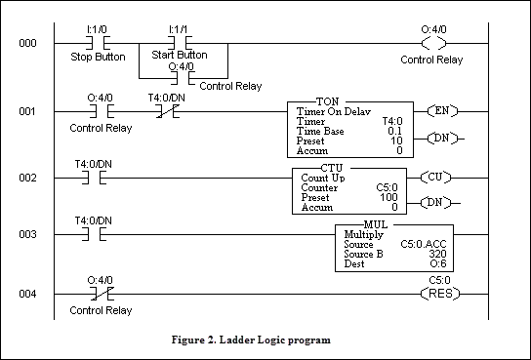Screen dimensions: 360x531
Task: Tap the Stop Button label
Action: pyautogui.click(x=99, y=58)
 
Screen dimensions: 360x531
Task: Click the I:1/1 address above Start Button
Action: pyautogui.click(x=180, y=30)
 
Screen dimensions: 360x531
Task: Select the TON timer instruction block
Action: pyautogui.click(x=347, y=130)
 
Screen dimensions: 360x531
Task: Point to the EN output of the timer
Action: pyautogui.click(x=445, y=111)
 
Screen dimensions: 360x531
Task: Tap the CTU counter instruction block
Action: pyautogui.click(x=349, y=191)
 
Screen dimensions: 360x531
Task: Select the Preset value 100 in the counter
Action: pyautogui.click(x=390, y=197)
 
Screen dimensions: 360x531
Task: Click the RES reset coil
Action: pyautogui.click(x=431, y=292)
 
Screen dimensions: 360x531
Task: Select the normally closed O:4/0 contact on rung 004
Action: pyautogui.click(x=99, y=292)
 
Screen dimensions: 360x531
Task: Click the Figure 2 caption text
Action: pyautogui.click(x=265, y=341)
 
